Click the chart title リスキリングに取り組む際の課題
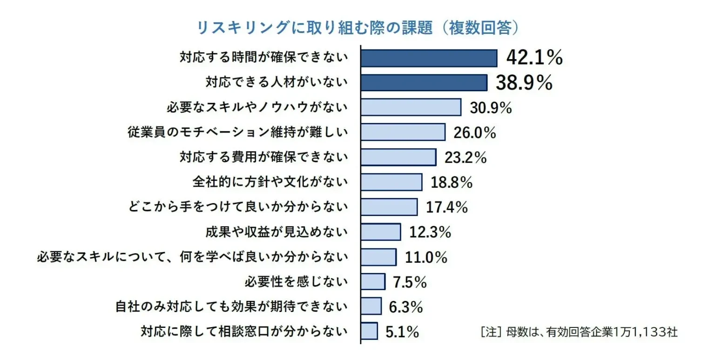point(357,28)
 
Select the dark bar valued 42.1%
point(429,58)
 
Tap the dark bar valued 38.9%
point(424,82)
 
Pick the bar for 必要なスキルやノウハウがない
point(411,107)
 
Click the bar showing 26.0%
point(403,132)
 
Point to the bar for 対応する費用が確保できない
point(398,157)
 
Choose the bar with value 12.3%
point(381,231)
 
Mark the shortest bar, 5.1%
point(369,331)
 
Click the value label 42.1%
point(534,58)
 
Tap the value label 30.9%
point(491,108)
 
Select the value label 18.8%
point(452,182)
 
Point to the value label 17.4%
point(447,207)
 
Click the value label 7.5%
point(410,281)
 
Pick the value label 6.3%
point(405,306)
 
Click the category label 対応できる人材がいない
point(277,82)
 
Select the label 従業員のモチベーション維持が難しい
point(238,132)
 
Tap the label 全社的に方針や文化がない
point(270,182)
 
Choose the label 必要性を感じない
point(296,281)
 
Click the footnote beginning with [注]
point(579,332)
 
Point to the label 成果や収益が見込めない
point(277,231)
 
